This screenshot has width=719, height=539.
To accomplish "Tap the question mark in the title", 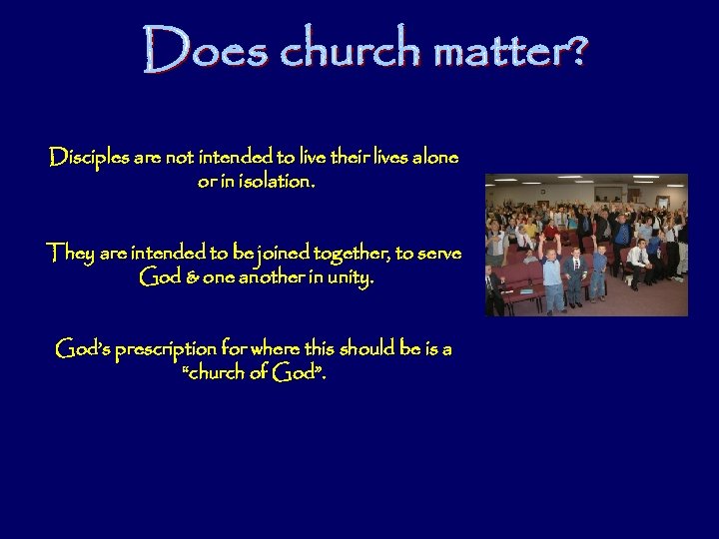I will tap(575, 50).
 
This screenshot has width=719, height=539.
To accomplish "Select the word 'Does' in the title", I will tap(203, 50).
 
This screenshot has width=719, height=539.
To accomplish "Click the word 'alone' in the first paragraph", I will tap(435, 158).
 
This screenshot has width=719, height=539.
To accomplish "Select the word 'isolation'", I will tap(270, 183).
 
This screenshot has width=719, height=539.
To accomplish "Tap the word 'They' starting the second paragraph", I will tap(69, 254).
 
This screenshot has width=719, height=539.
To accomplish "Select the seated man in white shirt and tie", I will tap(637, 260).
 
